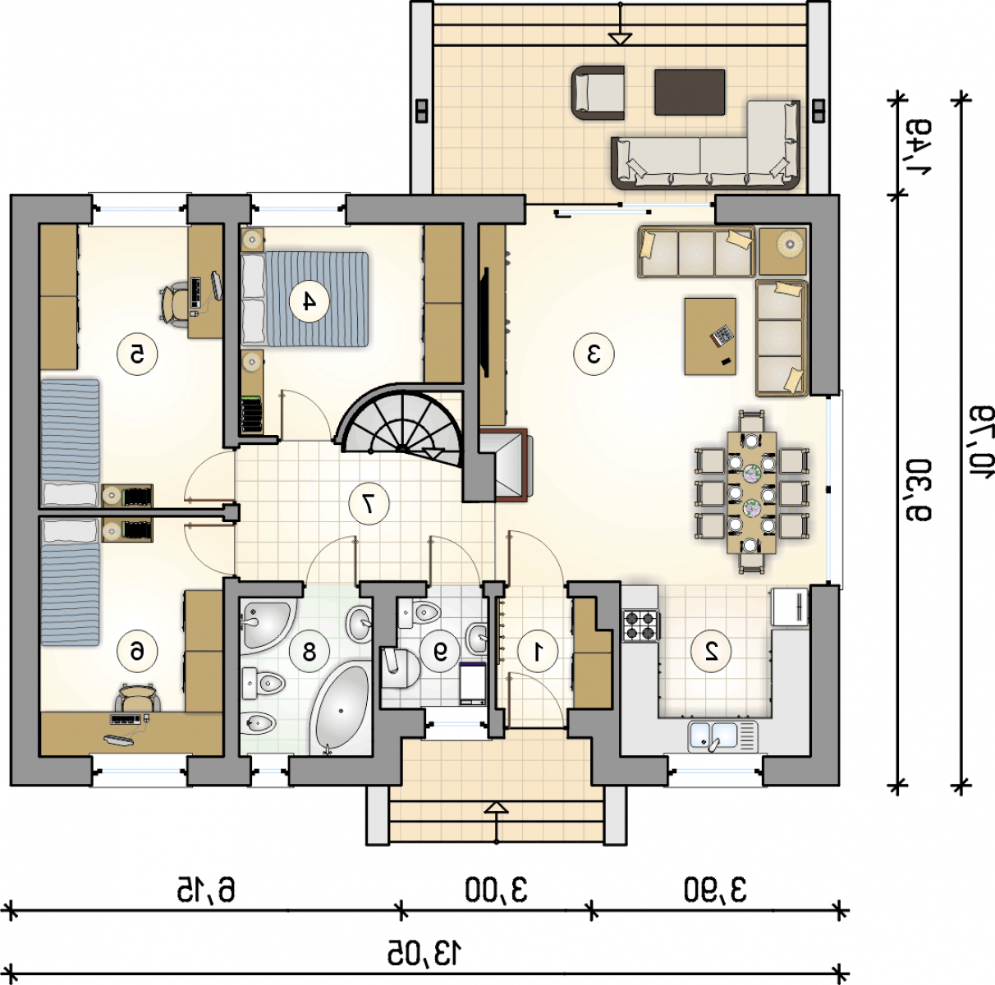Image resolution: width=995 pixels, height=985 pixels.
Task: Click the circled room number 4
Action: (309, 300)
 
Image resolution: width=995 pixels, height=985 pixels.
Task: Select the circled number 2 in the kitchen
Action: (711, 652)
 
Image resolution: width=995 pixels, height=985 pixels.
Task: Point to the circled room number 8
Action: (309, 652)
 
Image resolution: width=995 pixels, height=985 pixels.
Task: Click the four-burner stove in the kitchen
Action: (640, 625)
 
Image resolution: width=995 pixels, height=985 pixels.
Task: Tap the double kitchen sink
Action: (722, 736)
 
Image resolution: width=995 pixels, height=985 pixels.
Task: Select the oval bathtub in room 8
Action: (340, 708)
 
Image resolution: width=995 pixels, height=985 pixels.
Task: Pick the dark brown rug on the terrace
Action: (690, 92)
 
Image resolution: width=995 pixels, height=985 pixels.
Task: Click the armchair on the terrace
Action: (598, 92)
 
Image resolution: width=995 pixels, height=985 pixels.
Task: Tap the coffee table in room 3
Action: (710, 337)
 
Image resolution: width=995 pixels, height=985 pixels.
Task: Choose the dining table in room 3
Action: (751, 492)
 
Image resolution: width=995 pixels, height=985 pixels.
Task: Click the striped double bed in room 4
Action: (305, 299)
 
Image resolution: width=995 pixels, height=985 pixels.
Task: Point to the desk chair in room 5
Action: (173, 305)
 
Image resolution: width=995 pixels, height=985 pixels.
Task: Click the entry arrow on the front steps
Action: (496, 822)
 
